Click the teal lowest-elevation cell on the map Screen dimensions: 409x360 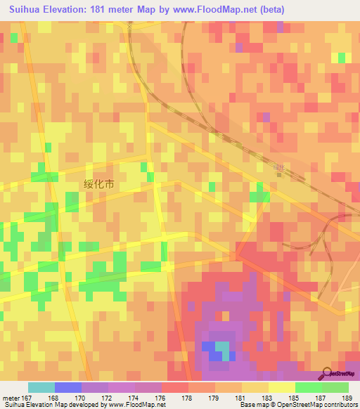(222, 346)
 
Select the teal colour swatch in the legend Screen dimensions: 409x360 (41, 387)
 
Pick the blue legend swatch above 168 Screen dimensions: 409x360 (68, 387)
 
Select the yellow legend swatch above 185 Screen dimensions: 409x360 (282, 387)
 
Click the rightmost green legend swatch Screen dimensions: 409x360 (335, 387)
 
